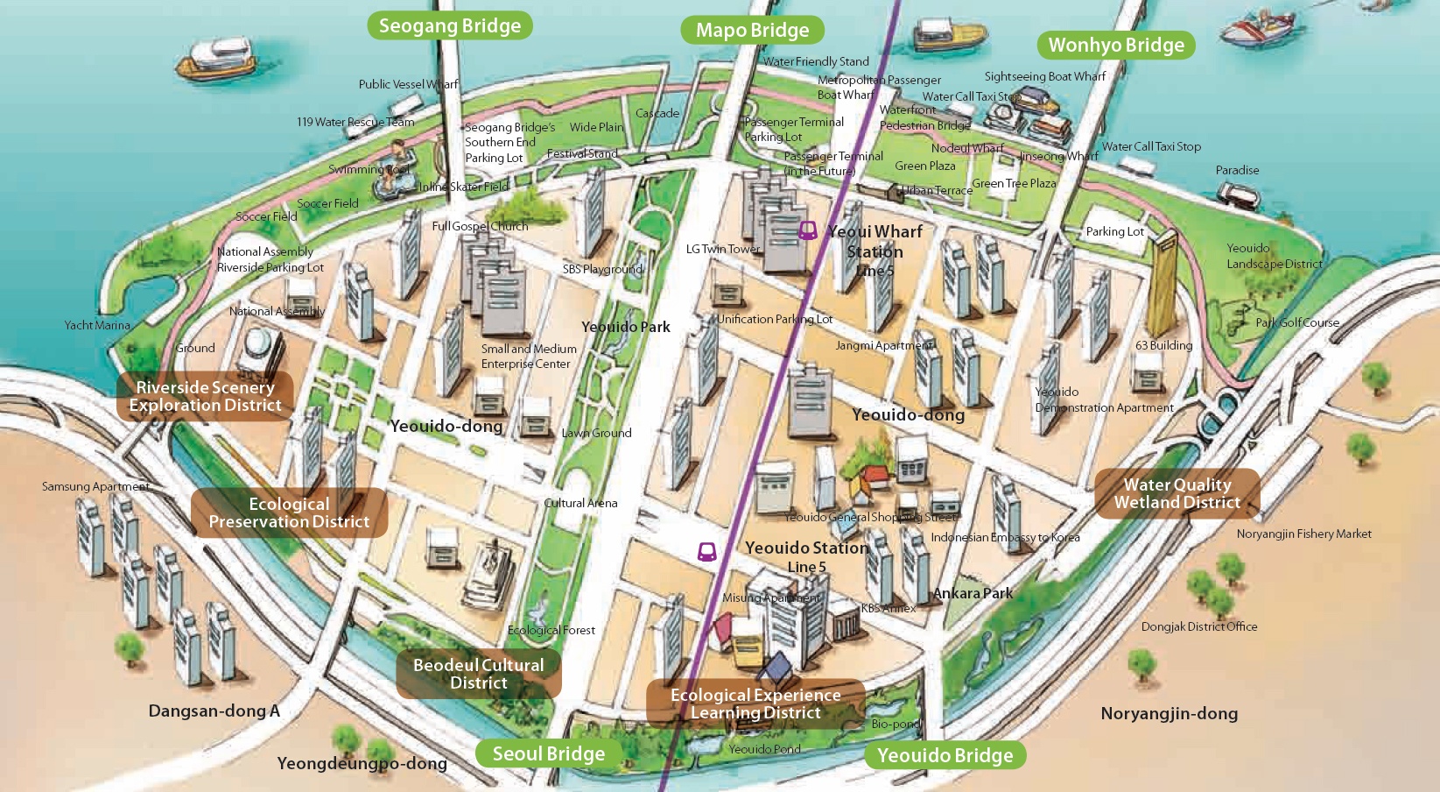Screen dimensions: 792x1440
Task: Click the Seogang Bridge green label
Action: coord(449,25)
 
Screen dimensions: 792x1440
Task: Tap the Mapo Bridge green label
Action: coord(752,30)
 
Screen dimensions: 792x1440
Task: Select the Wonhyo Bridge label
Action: coord(1115,45)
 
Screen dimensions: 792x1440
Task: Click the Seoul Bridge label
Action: coord(548,753)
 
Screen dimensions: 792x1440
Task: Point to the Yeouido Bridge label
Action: coord(945,755)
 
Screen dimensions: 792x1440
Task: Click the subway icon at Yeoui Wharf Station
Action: coord(807,231)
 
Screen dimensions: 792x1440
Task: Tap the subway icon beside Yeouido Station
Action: coord(706,551)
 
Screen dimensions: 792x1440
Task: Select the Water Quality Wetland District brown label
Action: coord(1177,493)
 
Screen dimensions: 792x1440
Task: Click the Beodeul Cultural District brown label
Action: coord(478,674)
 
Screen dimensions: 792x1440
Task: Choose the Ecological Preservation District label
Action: coord(289,513)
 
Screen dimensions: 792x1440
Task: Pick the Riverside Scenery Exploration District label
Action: coord(205,396)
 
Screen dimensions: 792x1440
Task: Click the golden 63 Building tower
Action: coord(1163,280)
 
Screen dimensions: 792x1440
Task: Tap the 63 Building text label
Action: coord(1163,345)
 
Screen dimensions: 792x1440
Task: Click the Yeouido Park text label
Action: coord(625,327)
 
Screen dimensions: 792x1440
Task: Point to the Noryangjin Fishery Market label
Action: coord(1303,534)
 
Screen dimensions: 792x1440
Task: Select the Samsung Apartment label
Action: coord(95,486)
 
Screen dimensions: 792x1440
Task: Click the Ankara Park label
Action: coord(973,593)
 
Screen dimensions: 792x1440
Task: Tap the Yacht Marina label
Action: coord(97,325)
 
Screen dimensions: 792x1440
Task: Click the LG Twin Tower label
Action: coord(723,249)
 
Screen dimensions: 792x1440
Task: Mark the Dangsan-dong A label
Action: coord(214,711)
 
